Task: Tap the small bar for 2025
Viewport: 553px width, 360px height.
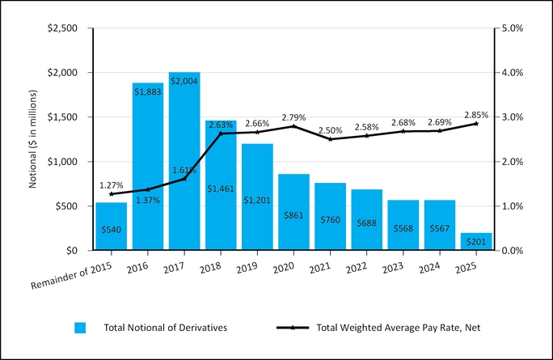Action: [475, 242]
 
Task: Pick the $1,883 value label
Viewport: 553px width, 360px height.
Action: [148, 90]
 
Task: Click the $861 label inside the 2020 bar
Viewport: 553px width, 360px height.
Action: [293, 216]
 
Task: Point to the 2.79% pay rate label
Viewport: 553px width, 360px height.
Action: [293, 117]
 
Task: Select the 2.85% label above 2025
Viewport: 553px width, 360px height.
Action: [475, 114]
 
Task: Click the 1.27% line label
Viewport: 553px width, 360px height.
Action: [112, 185]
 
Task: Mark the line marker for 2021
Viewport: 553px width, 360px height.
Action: [330, 139]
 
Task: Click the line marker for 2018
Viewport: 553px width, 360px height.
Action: [221, 133]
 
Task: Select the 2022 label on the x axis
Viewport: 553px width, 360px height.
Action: [365, 265]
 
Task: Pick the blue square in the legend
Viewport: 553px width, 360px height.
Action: [80, 328]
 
